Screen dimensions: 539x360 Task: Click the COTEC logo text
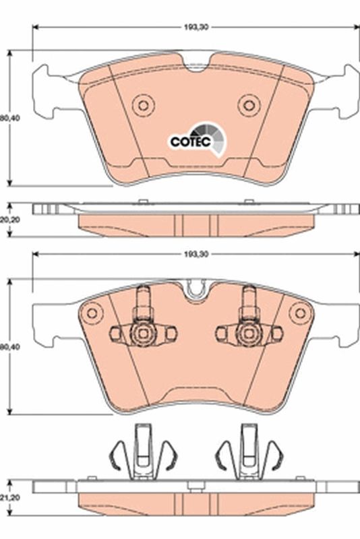(x=190, y=141)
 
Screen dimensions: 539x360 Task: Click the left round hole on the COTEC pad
(x=142, y=104)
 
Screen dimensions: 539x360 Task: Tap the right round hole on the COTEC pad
(x=249, y=104)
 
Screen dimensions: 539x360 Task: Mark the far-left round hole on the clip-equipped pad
(x=91, y=312)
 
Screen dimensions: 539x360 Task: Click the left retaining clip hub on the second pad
(x=142, y=331)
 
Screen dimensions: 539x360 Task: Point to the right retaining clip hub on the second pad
(x=247, y=331)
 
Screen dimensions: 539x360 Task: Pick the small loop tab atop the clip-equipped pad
(x=196, y=290)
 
